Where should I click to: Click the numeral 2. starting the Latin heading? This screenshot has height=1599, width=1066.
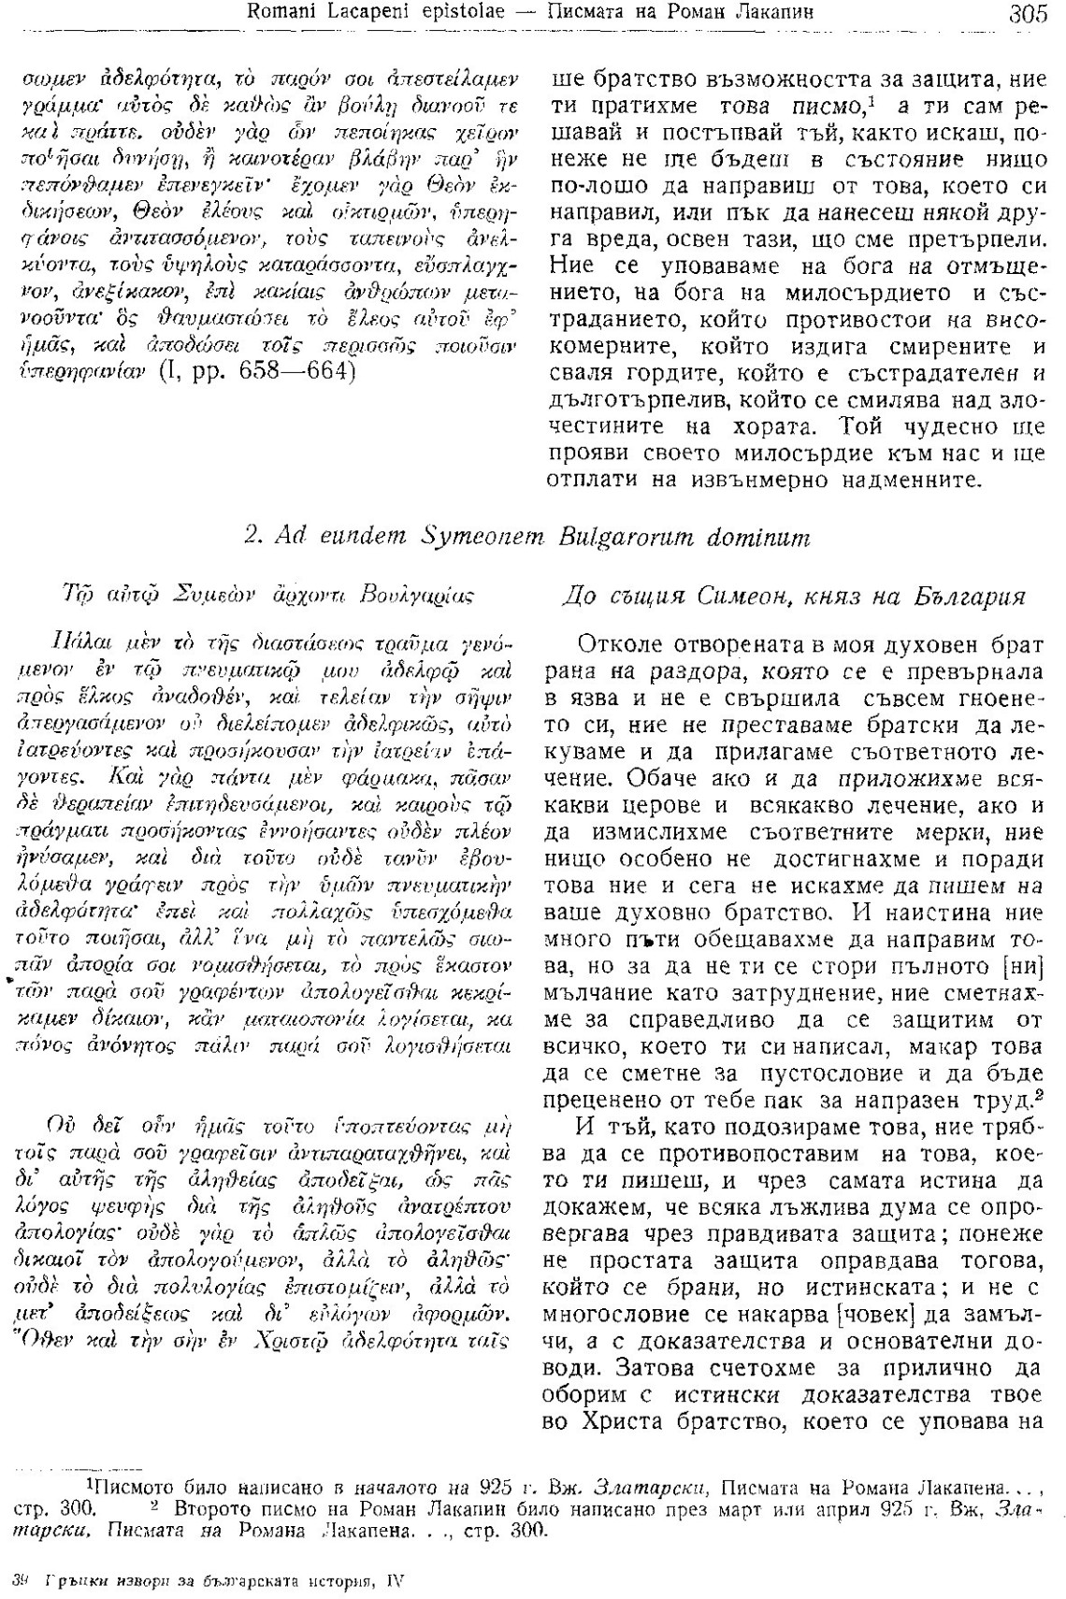point(251,538)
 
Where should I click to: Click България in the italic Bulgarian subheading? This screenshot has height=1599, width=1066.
point(971,598)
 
